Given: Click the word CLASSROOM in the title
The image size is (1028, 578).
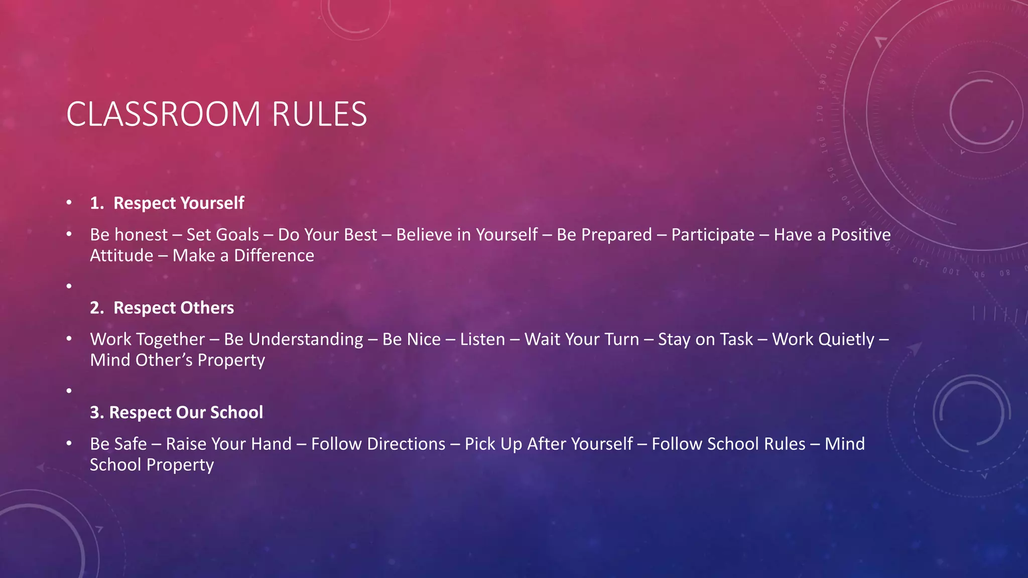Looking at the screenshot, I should pos(163,114).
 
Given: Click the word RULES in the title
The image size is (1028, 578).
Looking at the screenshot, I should pos(319,114).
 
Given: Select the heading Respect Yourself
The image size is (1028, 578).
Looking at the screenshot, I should pos(179,203).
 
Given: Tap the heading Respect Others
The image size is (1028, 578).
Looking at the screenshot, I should pos(174,308).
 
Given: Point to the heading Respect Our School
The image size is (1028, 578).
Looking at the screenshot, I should pos(186,412).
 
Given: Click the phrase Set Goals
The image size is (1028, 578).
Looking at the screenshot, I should pos(223,235).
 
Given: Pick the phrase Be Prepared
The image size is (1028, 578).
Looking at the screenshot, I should pos(604,235).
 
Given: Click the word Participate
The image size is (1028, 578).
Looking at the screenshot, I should pos(713,235).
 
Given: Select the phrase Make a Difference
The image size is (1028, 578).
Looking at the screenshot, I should pos(243,256).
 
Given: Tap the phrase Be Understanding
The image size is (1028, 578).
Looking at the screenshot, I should pos(294,340).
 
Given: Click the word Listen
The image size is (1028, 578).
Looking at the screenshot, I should pos(482,340).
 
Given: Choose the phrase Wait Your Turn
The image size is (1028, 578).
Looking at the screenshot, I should pos(582,340).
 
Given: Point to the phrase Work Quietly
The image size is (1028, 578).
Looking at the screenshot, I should pos(823,340).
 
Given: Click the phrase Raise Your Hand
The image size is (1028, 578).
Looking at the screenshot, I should pos(229,444).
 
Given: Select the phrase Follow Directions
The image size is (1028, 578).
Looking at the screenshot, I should pos(378,444).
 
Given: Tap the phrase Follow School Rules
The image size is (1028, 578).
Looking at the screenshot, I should pos(728,444).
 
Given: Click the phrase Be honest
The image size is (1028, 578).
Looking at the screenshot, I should pos(129,235).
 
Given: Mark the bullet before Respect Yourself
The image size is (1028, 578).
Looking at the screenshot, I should pos(69,203).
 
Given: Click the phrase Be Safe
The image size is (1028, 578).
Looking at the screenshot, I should pos(118,444).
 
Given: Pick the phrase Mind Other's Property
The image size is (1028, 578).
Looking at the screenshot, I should pos(178,360).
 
